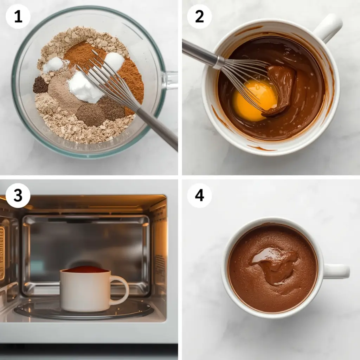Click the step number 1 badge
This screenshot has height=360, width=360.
(x=18, y=16)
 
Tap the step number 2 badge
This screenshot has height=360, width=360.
(x=199, y=16)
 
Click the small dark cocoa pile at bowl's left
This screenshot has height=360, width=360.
(x=40, y=85)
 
